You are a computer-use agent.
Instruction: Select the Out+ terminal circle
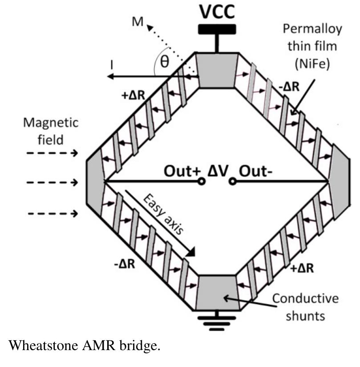(x=201, y=181)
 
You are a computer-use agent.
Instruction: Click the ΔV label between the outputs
(x=217, y=171)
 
